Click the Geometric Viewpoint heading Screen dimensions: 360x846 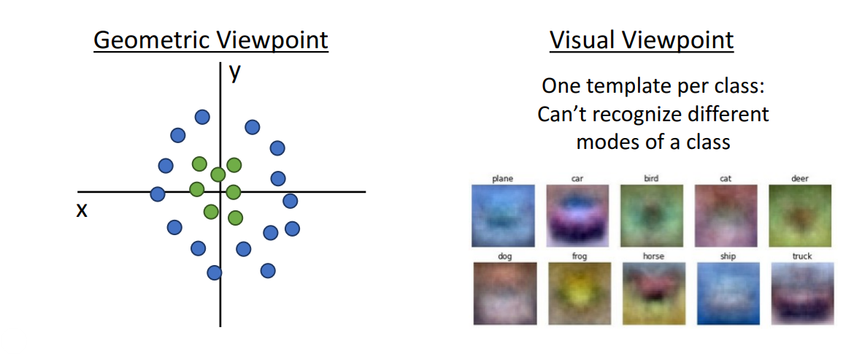[211, 40]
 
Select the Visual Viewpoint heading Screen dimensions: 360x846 [642, 40]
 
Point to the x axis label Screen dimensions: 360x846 [82, 210]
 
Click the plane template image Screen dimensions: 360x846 [503, 215]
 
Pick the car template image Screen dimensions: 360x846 [577, 215]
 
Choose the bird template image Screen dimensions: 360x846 [652, 215]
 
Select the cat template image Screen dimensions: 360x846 [726, 215]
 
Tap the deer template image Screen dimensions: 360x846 [801, 215]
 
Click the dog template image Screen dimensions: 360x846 [504, 294]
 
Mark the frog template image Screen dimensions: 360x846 [579, 294]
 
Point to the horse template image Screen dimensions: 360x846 [653, 294]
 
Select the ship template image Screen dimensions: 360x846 [728, 294]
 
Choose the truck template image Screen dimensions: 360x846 [802, 294]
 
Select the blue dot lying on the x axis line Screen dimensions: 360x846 [158, 194]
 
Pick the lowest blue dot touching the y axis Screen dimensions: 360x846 [215, 272]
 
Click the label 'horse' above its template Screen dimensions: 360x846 [653, 256]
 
